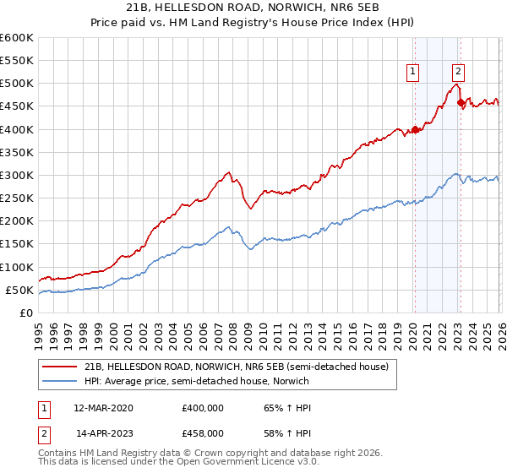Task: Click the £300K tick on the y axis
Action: tap(17, 176)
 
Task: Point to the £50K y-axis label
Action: tap(19, 291)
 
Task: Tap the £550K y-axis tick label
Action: tap(17, 61)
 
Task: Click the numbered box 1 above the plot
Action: tap(413, 72)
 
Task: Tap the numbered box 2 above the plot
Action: tap(458, 72)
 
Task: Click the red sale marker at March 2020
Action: tap(415, 130)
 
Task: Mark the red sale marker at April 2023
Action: tap(461, 103)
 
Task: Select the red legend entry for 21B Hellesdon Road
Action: tap(236, 367)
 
